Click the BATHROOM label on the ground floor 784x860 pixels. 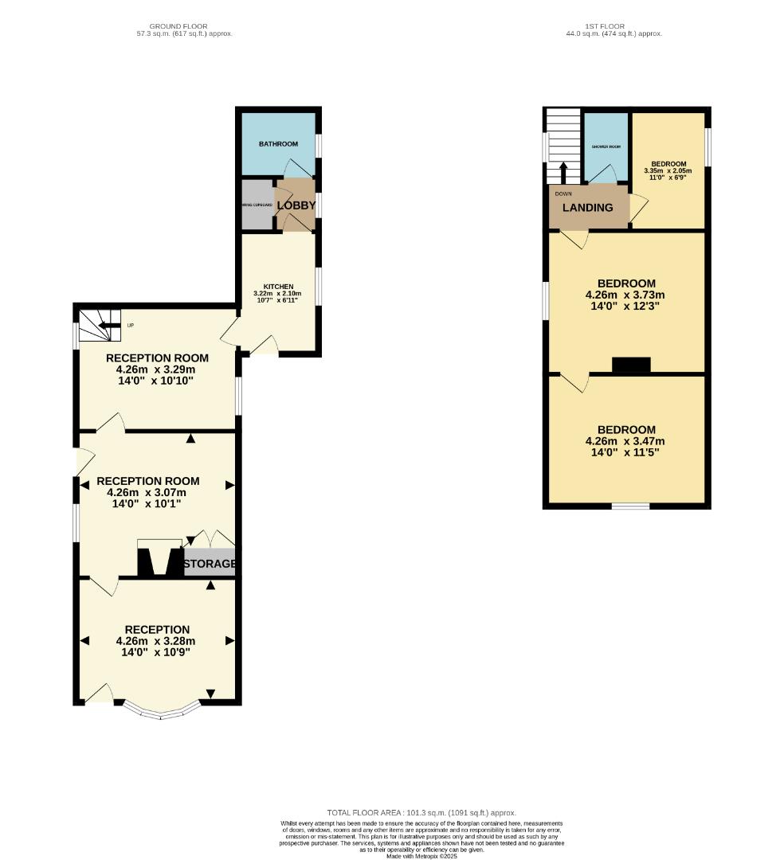click(278, 144)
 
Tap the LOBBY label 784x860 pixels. click(296, 205)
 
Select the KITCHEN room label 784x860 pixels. click(279, 287)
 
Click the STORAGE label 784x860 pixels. click(210, 564)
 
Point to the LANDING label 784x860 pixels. click(588, 208)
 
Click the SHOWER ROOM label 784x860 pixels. click(606, 147)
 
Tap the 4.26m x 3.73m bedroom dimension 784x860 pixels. click(625, 295)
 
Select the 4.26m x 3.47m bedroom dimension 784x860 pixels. click(625, 441)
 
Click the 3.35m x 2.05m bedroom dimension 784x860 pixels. click(668, 170)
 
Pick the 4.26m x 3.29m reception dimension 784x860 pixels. click(156, 369)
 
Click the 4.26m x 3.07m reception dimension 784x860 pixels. click(147, 492)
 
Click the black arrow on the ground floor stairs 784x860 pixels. click(105, 325)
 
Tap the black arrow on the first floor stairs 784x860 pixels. click(564, 173)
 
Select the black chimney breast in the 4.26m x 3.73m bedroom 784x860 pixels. click(631, 365)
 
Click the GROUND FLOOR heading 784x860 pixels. click(184, 26)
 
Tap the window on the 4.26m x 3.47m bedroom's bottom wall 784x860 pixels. click(629, 506)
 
